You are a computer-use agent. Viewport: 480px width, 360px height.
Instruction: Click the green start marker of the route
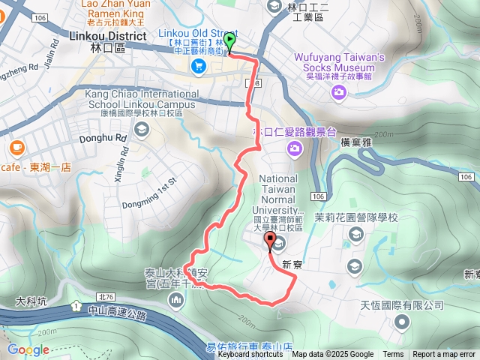click(x=229, y=43)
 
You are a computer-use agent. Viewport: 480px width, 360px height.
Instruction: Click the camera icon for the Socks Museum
click(x=339, y=91)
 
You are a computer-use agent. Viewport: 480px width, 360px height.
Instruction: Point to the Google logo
click(x=28, y=349)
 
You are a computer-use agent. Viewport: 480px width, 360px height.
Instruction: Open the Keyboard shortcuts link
click(x=250, y=355)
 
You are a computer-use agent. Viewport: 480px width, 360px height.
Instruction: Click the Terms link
click(x=393, y=355)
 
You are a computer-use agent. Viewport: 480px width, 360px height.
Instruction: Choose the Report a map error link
click(x=445, y=355)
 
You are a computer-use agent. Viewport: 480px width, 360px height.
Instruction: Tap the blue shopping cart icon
click(x=199, y=67)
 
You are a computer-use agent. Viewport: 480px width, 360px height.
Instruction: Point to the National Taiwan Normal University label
click(x=278, y=194)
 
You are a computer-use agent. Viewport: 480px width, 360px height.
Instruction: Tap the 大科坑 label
click(x=31, y=301)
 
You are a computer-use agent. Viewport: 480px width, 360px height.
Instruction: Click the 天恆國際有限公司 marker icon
click(x=402, y=322)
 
